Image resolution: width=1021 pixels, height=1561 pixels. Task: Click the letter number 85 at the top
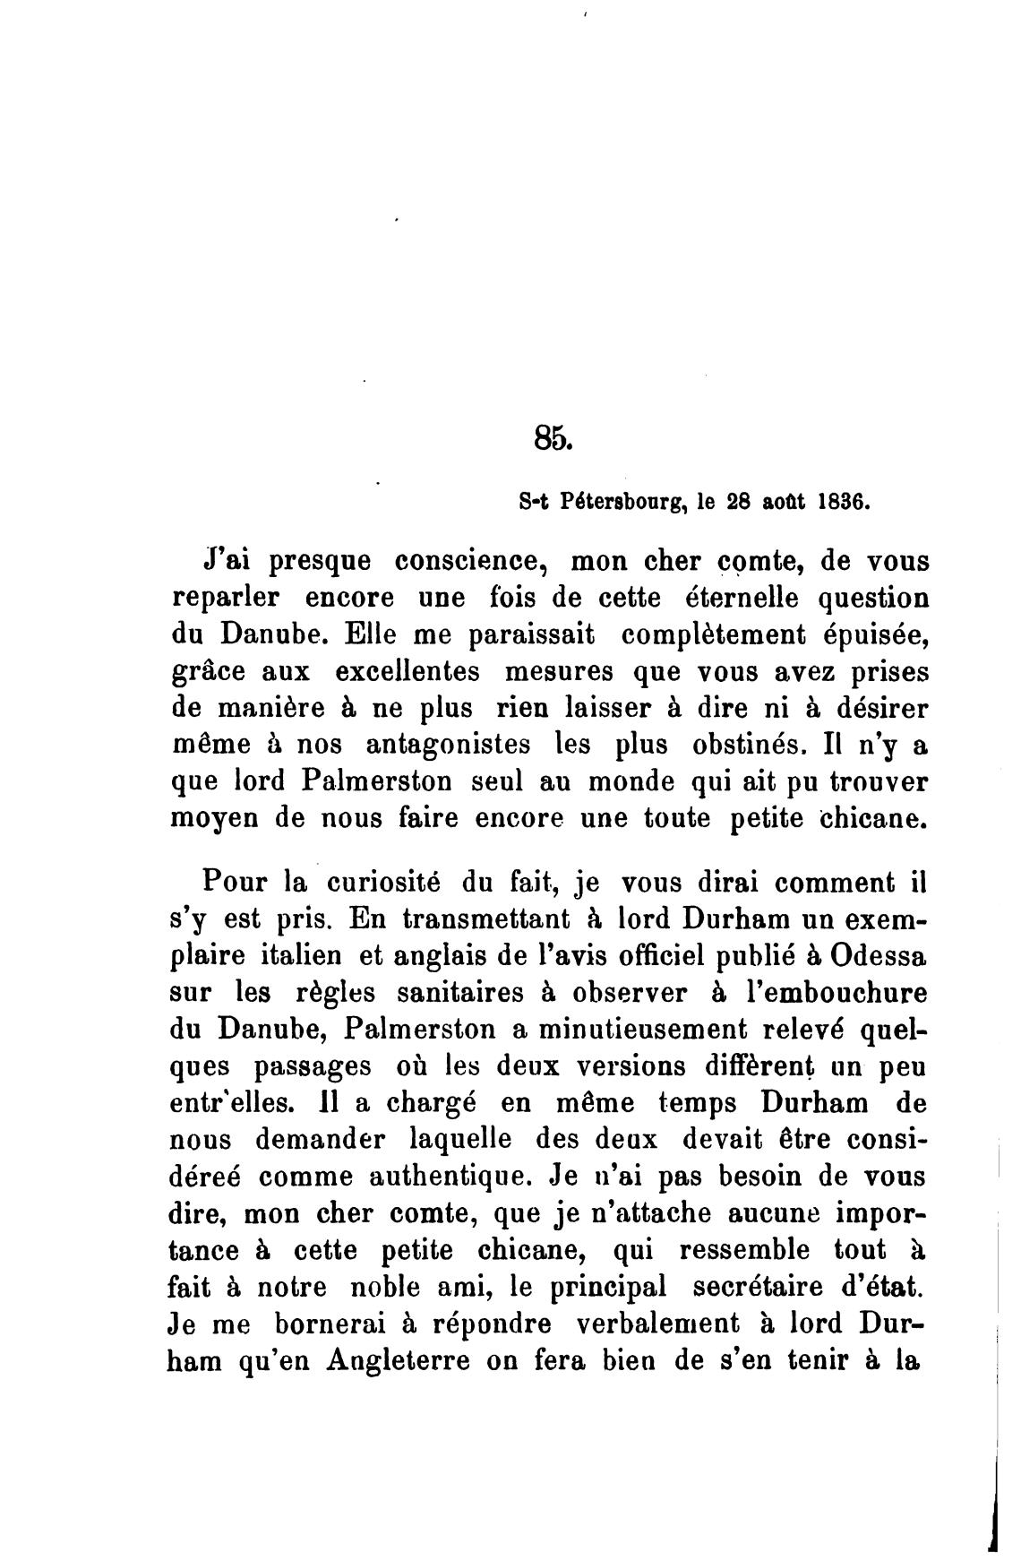(551, 437)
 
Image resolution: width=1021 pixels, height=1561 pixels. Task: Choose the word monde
(631, 780)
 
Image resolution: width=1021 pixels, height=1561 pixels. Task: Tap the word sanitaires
(460, 993)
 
